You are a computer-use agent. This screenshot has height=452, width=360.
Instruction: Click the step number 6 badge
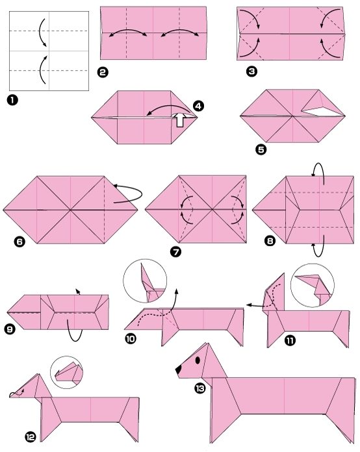tap(19, 242)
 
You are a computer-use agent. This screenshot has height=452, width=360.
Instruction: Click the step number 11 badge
tap(290, 338)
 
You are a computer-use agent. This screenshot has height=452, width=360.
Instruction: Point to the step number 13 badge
tap(199, 388)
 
